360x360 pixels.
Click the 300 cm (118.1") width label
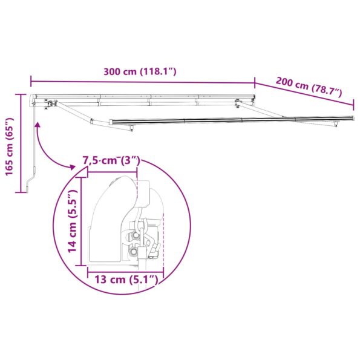(139, 71)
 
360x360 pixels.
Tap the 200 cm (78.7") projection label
(309, 87)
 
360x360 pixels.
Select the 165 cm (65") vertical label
(9, 145)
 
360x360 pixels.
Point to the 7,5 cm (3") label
(111, 161)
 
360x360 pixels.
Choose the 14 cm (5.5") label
(72, 220)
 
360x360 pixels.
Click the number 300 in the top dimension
(111, 71)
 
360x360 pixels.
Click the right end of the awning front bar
(336, 119)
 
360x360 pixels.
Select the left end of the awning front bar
(111, 122)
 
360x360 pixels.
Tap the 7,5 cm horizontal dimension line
(113, 171)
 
